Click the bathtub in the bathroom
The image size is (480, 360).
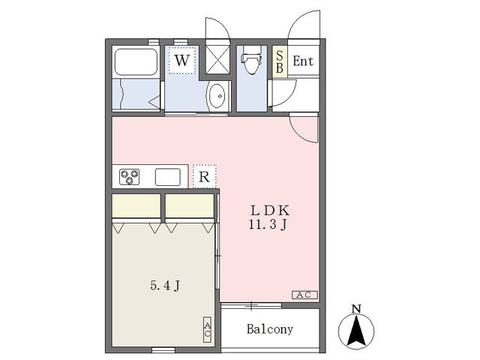coord(136,61)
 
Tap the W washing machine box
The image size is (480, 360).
coord(181,60)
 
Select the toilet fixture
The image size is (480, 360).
coord(252,60)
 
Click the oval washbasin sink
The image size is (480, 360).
coord(217,96)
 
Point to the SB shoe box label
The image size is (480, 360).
coord(280,61)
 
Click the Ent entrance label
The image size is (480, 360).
coord(303,61)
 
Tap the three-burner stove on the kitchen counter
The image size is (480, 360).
coord(129,177)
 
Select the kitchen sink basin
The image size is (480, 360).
coord(168,177)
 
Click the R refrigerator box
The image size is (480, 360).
coord(205,177)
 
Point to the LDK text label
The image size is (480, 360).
coord(270,211)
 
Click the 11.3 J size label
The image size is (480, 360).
coord(268,225)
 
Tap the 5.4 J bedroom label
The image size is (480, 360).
coord(165,286)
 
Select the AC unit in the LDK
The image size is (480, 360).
coord(305,295)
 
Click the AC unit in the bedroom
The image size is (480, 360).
coord(208,330)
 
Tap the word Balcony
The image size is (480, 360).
coord(270,329)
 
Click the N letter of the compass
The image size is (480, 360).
coord(356,309)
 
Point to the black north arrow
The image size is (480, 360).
coord(356,331)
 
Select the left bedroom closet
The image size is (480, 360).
coord(136,205)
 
